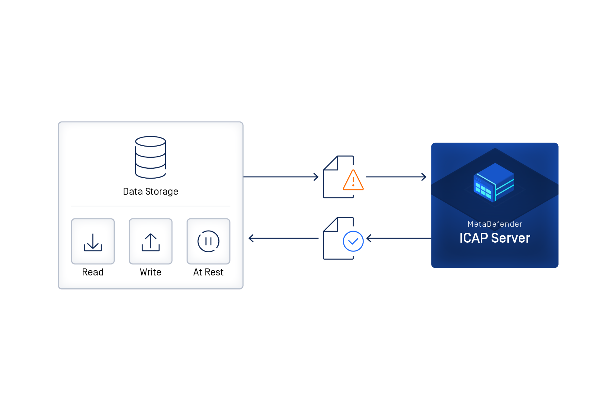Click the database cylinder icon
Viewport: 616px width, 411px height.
[150, 157]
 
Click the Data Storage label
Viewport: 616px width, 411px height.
[150, 191]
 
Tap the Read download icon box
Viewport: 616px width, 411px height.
[93, 241]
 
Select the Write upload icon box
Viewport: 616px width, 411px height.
[150, 241]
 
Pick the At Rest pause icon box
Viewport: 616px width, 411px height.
[208, 241]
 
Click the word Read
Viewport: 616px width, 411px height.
[93, 272]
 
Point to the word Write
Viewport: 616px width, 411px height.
[150, 272]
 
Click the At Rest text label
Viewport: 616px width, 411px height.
[208, 272]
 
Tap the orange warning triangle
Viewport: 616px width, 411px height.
[353, 181]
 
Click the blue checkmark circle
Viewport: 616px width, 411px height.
[353, 241]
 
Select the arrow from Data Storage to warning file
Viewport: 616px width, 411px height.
[281, 177]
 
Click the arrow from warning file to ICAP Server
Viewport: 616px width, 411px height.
[396, 177]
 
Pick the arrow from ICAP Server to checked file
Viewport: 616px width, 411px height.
[399, 238]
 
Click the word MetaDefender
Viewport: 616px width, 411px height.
[495, 224]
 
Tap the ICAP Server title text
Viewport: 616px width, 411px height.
[495, 238]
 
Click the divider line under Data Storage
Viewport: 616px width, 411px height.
[150, 206]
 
